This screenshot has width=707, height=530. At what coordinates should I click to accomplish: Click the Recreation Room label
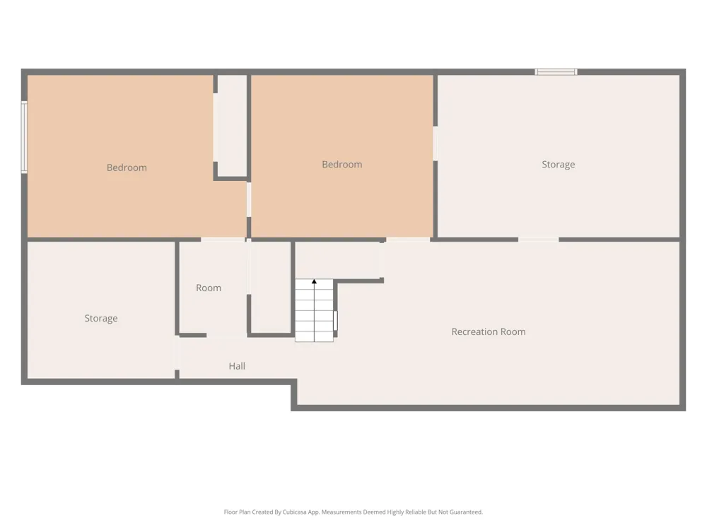pyautogui.click(x=489, y=331)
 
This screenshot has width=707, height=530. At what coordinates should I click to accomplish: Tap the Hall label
pyautogui.click(x=237, y=366)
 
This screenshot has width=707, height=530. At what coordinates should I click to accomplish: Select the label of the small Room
pyautogui.click(x=209, y=288)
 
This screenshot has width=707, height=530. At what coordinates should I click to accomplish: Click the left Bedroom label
pyautogui.click(x=127, y=167)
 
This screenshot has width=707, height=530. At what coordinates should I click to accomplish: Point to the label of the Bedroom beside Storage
pyautogui.click(x=341, y=165)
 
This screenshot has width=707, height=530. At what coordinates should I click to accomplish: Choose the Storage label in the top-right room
pyautogui.click(x=559, y=165)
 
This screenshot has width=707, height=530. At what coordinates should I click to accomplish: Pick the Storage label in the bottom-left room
pyautogui.click(x=101, y=318)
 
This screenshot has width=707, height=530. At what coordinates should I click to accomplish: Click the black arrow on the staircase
pyautogui.click(x=315, y=282)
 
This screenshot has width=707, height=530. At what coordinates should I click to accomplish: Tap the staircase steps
pyautogui.click(x=315, y=310)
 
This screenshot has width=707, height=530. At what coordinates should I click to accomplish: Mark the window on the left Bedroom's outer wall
pyautogui.click(x=24, y=137)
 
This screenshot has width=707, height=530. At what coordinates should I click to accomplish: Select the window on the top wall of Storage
pyautogui.click(x=556, y=71)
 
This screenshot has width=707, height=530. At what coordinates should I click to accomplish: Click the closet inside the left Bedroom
pyautogui.click(x=232, y=126)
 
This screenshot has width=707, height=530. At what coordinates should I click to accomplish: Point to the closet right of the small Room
pyautogui.click(x=271, y=287)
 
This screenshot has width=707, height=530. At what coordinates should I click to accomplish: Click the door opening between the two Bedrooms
pyautogui.click(x=248, y=200)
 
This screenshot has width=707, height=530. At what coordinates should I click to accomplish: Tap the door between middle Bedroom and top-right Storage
pyautogui.click(x=435, y=143)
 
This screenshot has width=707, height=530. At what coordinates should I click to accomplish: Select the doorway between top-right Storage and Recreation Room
pyautogui.click(x=538, y=240)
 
